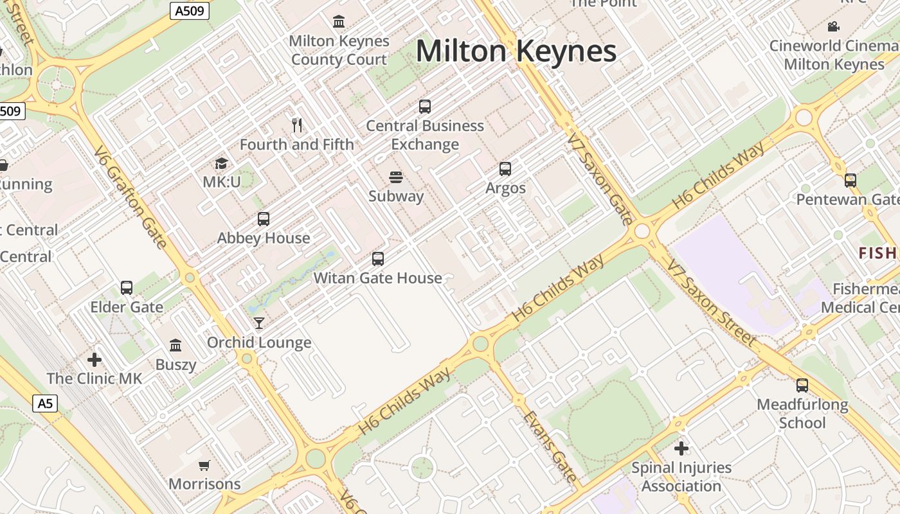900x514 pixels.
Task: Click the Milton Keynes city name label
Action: [x=516, y=51]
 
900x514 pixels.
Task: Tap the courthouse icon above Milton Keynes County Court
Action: [x=339, y=22]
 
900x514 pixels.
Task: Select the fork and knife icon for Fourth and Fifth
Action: [x=297, y=125]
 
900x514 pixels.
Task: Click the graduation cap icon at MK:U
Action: [x=222, y=163]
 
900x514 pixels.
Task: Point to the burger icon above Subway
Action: [x=396, y=177]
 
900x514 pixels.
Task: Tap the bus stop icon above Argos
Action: [x=505, y=169]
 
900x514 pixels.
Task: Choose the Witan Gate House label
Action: [x=378, y=278]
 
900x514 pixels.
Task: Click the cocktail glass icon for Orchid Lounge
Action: [x=259, y=323]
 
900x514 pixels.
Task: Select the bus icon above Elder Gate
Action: [x=127, y=288]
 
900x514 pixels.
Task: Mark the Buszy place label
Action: [x=175, y=365]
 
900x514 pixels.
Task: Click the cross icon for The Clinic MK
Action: [x=94, y=360]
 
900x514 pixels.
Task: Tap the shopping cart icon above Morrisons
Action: [x=204, y=465]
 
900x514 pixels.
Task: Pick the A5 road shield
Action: [x=45, y=403]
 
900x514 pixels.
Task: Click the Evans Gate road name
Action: [x=550, y=447]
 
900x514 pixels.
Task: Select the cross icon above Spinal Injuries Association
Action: [x=681, y=448]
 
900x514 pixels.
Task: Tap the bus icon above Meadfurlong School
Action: [x=802, y=385]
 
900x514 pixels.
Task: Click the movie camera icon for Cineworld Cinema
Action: [x=834, y=26]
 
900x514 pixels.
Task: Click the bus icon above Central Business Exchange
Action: [x=425, y=107]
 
